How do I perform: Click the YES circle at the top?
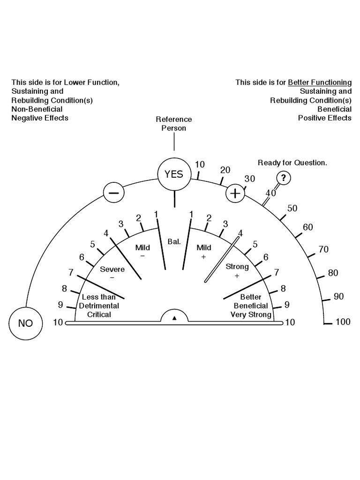(174, 174)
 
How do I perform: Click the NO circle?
(25, 323)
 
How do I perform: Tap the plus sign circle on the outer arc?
(235, 193)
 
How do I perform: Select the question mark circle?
(283, 178)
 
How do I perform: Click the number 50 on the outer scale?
(292, 209)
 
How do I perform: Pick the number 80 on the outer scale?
(333, 273)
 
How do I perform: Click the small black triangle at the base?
(174, 318)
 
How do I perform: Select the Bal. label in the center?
(173, 242)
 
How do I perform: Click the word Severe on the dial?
(112, 269)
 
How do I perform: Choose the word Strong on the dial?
(237, 267)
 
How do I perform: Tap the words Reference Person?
(174, 124)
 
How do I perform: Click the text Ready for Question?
(292, 163)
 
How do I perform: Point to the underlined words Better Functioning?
(319, 82)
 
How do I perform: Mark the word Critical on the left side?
(99, 315)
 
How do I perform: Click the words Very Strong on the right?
(251, 315)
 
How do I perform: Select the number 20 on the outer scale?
(225, 170)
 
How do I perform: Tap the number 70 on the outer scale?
(323, 249)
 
